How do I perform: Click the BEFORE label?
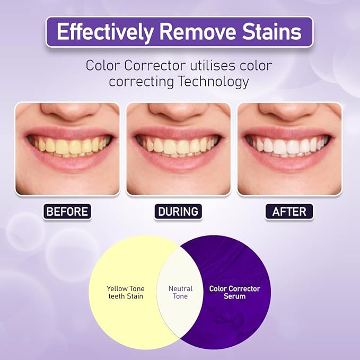coord(67,212)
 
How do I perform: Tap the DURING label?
coord(178,212)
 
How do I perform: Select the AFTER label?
coord(289,212)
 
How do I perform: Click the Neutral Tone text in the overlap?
coord(180,292)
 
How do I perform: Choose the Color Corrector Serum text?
coord(234,292)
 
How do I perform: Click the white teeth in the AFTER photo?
coord(289,146)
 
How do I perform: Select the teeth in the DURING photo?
coord(178,146)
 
